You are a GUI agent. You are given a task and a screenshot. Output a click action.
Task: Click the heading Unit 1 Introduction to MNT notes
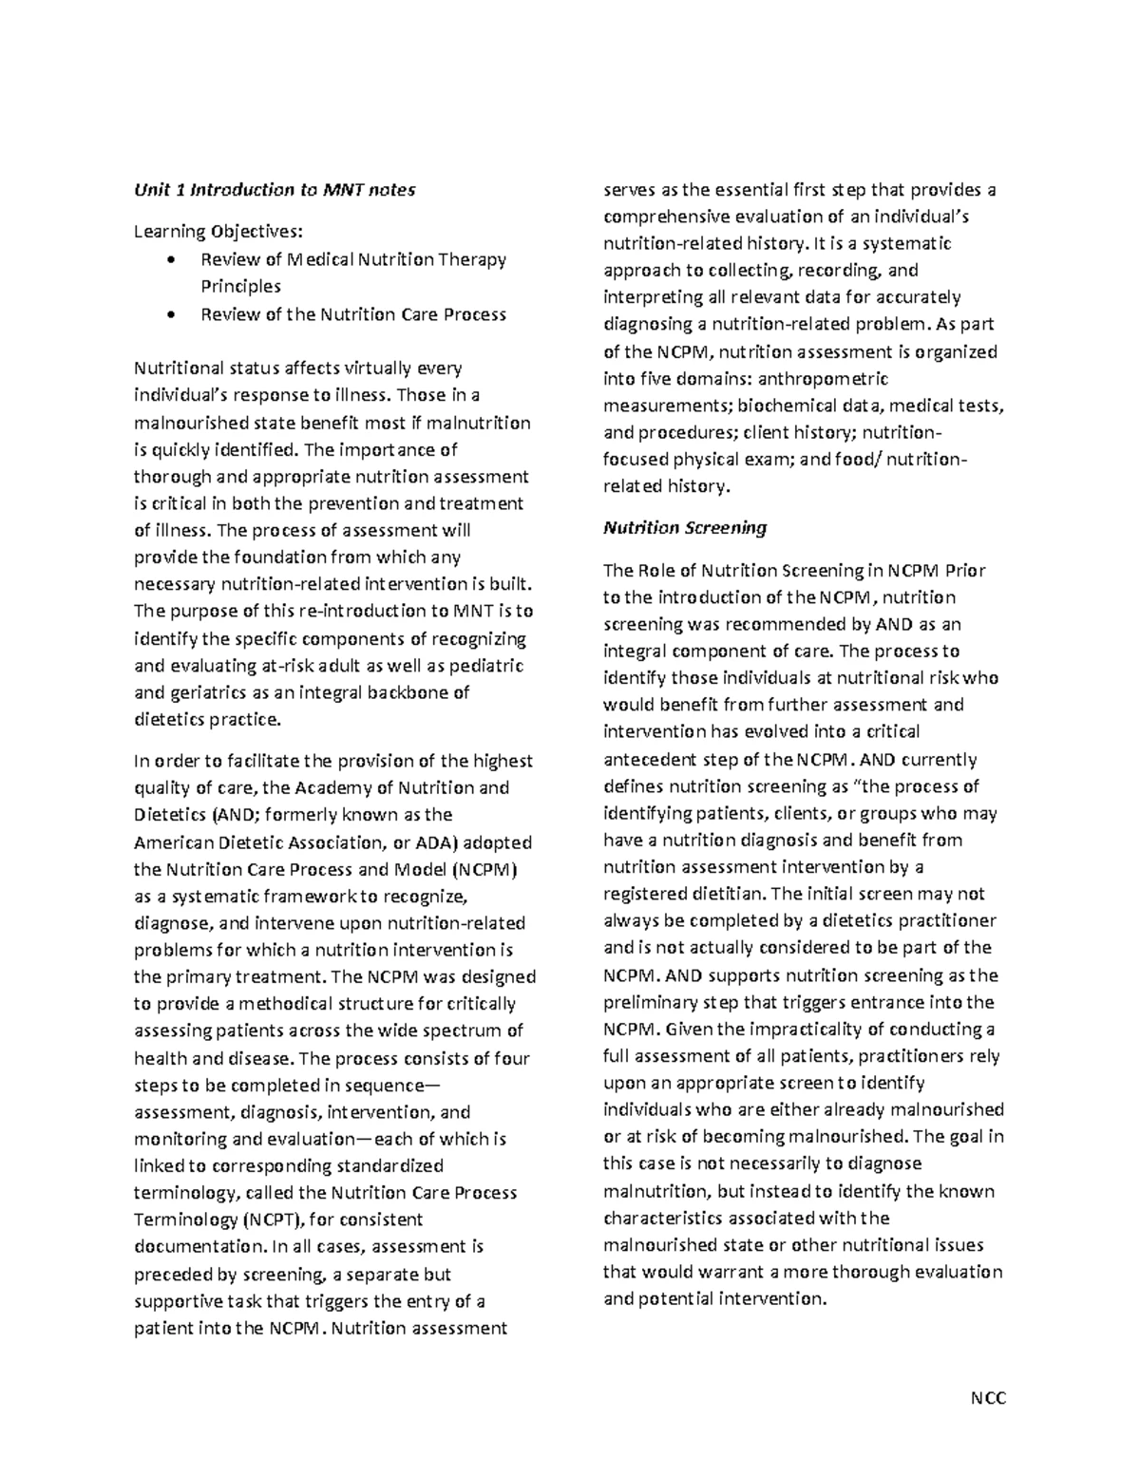275,190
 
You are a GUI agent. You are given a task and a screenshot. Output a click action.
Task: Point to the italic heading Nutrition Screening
685,527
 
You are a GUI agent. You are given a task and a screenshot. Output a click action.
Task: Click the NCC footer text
987,1398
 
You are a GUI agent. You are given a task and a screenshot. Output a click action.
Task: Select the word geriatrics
208,692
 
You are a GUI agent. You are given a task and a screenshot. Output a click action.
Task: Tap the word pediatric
484,666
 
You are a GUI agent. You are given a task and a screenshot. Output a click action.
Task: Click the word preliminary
649,1002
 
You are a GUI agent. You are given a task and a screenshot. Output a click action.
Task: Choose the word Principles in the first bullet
240,286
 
